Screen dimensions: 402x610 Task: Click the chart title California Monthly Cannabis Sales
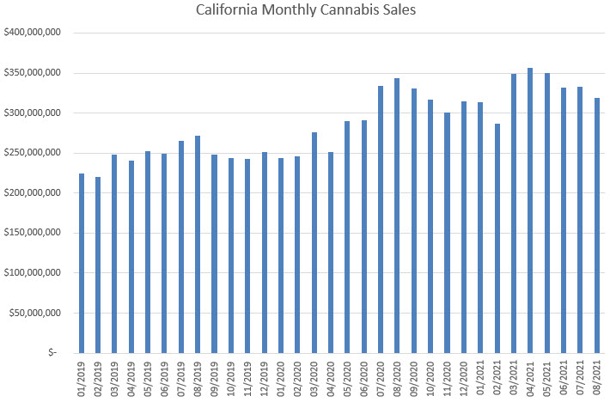(305, 11)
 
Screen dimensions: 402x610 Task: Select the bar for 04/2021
(530, 210)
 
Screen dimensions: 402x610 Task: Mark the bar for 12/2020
(464, 227)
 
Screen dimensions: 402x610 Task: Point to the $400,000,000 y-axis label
(32, 33)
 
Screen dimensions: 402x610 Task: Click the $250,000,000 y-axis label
(32, 153)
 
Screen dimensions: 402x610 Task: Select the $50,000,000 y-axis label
(34, 313)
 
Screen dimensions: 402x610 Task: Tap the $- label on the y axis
(52, 353)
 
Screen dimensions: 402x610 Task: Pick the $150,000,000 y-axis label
(32, 233)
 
